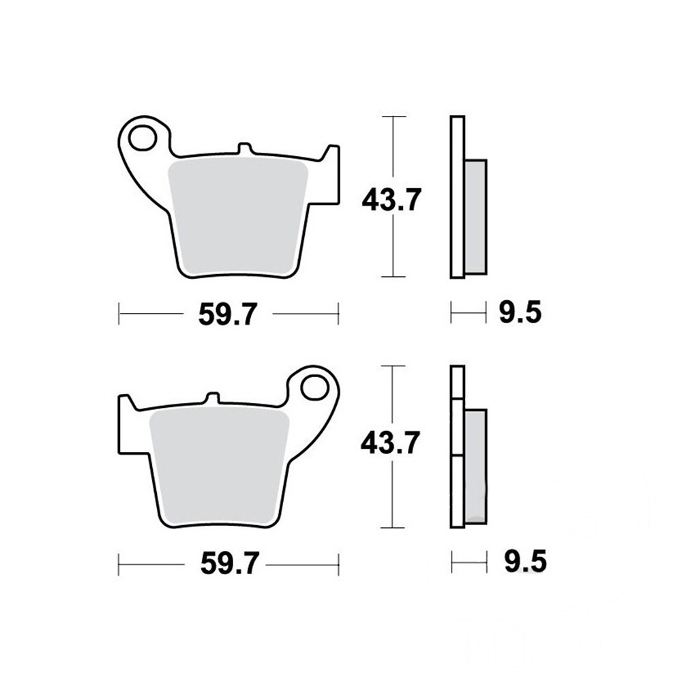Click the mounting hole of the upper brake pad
pos(143,138)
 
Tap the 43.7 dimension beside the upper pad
pos(391,200)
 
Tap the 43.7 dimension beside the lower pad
pos(391,443)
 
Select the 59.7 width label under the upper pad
pos(228,314)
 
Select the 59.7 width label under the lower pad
pos(230,564)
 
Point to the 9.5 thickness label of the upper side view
pos(520,312)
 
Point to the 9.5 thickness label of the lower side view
pos(525,561)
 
